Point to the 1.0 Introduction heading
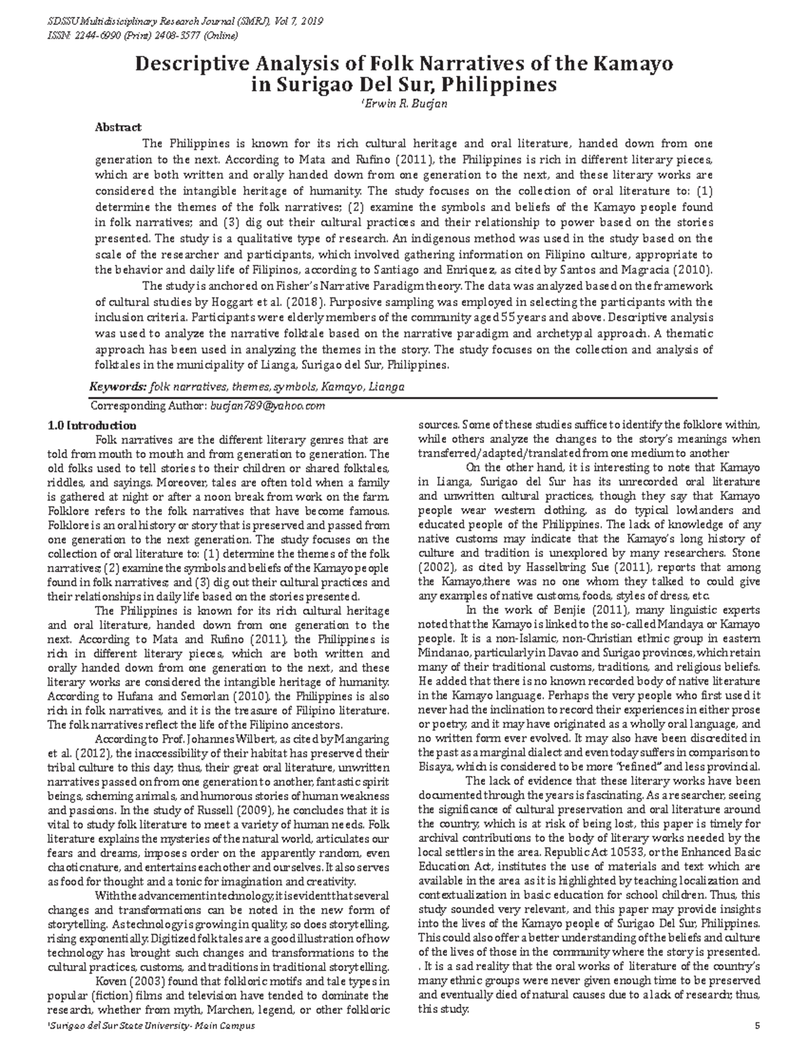(92, 426)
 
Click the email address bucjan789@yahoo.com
(267, 406)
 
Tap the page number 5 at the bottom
(757, 1025)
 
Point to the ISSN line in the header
(162, 35)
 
